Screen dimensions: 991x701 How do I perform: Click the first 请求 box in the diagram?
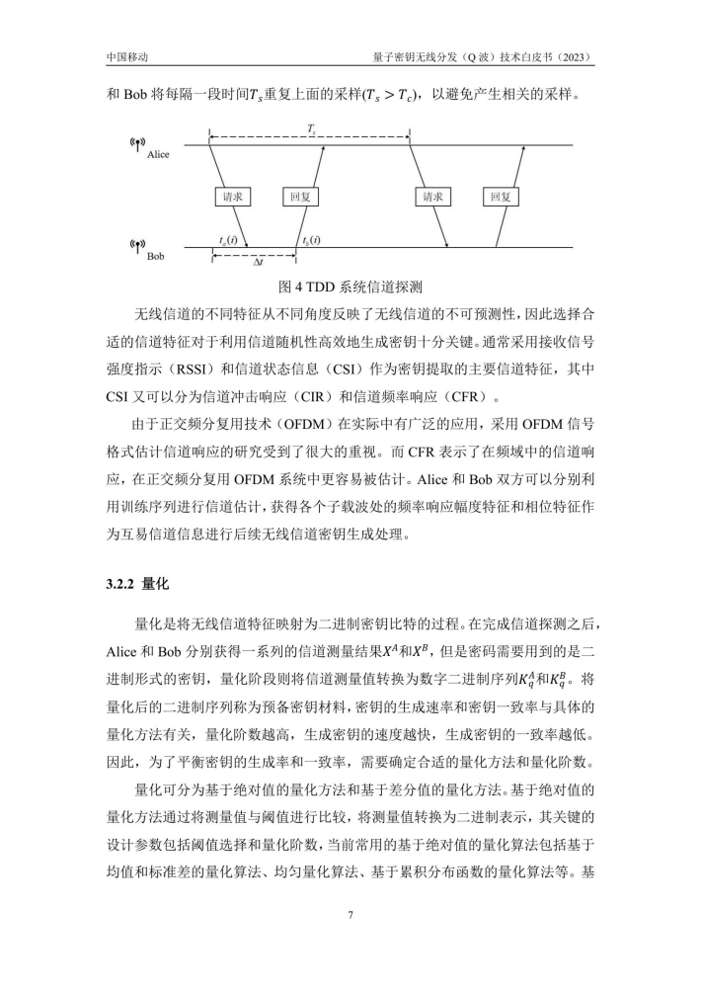pyautogui.click(x=232, y=198)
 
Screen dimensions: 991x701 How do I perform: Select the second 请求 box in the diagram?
pyautogui.click(x=432, y=198)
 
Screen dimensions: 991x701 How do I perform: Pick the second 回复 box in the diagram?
pyautogui.click(x=501, y=198)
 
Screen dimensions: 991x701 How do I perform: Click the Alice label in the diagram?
pyautogui.click(x=158, y=155)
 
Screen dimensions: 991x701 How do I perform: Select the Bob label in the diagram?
pyautogui.click(x=156, y=255)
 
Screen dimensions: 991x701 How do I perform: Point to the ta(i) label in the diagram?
pyautogui.click(x=228, y=240)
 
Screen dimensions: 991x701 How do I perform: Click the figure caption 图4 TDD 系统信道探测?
pyautogui.click(x=350, y=289)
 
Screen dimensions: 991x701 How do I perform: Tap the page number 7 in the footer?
pyautogui.click(x=350, y=914)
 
